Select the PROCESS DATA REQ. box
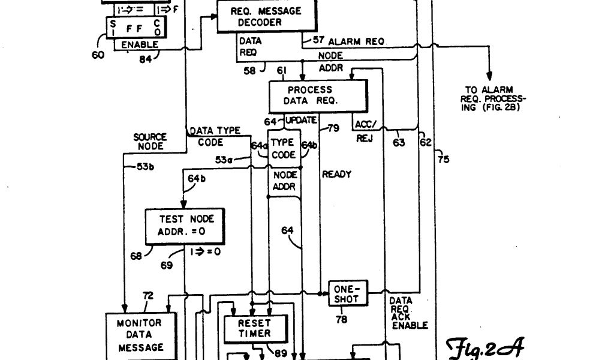pos(318,95)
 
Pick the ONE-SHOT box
pos(347,293)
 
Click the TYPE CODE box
pos(283,148)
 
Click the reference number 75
pos(443,159)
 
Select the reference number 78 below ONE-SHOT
pos(341,320)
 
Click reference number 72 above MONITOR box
pos(148,295)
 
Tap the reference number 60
pos(98,55)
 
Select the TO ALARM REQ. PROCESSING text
pos(492,98)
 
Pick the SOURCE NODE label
pos(150,142)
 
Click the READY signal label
pos(337,175)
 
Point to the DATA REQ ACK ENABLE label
pos(409,313)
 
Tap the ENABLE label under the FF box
pos(140,44)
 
